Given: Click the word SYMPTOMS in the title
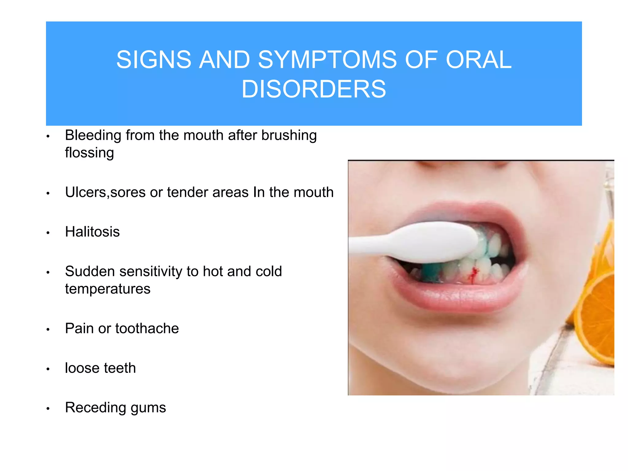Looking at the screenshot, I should (x=327, y=60).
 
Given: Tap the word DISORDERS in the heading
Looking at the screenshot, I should (x=314, y=89).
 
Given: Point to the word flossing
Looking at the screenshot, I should (x=89, y=153).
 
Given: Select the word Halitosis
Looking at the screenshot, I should (x=92, y=232).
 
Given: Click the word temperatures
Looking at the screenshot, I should (x=108, y=289).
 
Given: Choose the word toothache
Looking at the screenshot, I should (x=147, y=329).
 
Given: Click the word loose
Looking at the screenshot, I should (x=82, y=368).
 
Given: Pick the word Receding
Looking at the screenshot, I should (x=95, y=408).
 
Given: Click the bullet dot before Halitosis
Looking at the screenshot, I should (x=48, y=233).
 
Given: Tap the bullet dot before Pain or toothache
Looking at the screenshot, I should (x=48, y=330).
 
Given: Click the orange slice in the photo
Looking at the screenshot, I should (x=596, y=319).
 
